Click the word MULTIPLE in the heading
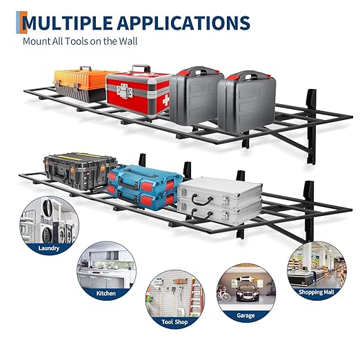(x=68, y=23)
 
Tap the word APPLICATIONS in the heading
(x=183, y=23)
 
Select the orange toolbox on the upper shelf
(x=81, y=84)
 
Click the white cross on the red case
(x=166, y=101)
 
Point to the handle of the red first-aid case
(x=141, y=69)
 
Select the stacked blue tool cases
(x=145, y=188)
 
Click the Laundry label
(x=49, y=248)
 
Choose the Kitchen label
(x=106, y=293)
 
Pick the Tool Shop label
(x=174, y=322)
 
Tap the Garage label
(x=246, y=315)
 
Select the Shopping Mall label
(x=317, y=292)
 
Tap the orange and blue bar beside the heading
(x=21, y=22)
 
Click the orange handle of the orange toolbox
(x=86, y=68)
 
